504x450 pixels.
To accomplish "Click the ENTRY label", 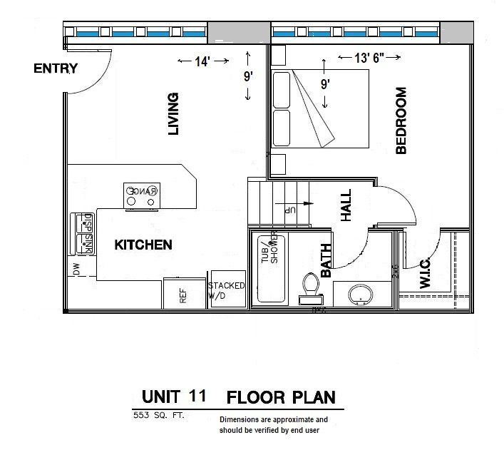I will (x=55, y=68).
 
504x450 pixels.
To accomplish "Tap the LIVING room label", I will (x=173, y=113).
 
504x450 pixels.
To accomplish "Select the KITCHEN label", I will (x=143, y=245).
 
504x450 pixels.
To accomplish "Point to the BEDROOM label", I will (x=401, y=121).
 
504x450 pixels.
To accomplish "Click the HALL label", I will (x=346, y=205).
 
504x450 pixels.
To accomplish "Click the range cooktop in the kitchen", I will (x=141, y=195).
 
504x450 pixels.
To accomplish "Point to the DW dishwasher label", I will (x=76, y=268).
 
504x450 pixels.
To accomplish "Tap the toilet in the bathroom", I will (x=310, y=286).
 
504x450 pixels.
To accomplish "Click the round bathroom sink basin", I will (x=361, y=293).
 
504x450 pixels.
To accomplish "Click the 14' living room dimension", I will (x=202, y=62).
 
